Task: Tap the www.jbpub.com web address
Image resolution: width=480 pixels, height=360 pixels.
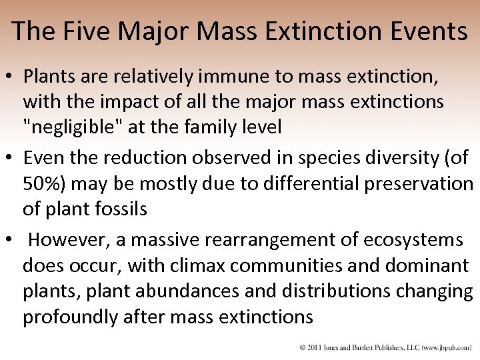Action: point(447,348)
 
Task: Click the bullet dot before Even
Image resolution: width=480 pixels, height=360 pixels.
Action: point(11,158)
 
